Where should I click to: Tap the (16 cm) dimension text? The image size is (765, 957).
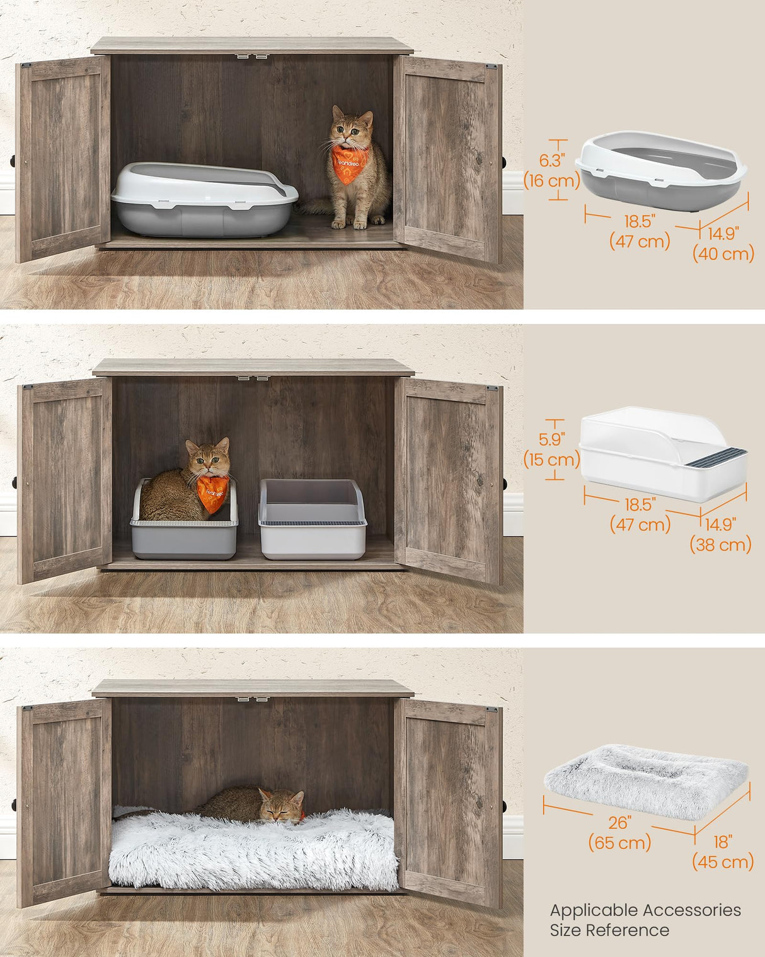tap(551, 181)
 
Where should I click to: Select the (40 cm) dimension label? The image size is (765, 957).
tap(723, 253)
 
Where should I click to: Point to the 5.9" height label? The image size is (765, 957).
tap(551, 439)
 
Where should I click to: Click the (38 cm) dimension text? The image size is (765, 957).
tap(720, 544)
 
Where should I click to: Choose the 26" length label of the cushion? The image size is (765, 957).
tap(619, 822)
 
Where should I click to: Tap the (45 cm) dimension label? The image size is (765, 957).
tap(723, 861)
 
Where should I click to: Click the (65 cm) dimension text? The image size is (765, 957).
tap(619, 842)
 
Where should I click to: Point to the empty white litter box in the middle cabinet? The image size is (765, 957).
tap(313, 520)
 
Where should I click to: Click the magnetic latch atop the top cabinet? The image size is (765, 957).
tap(252, 56)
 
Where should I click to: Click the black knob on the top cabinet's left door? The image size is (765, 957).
tap(13, 161)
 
